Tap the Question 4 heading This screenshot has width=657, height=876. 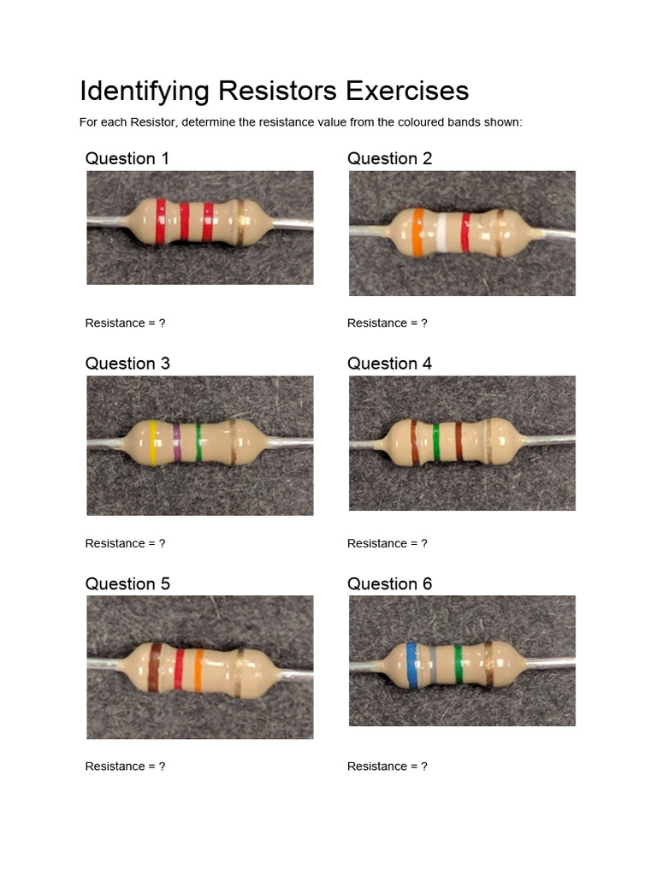[x=389, y=363]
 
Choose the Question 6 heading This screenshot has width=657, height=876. [x=389, y=583]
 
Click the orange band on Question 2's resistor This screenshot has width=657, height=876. [x=417, y=233]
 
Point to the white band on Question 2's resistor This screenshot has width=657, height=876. [x=442, y=233]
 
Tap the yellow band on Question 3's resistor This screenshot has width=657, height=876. [x=153, y=442]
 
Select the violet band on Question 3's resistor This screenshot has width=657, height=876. [x=177, y=442]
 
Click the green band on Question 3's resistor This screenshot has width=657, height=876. [x=198, y=442]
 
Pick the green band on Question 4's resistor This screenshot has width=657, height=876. [x=435, y=441]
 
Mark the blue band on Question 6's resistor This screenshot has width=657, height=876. [x=412, y=666]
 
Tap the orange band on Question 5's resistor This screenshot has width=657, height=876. [x=199, y=669]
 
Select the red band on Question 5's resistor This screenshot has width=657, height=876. [x=179, y=669]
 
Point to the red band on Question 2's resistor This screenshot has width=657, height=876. [x=465, y=233]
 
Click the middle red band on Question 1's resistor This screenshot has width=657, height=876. [x=185, y=222]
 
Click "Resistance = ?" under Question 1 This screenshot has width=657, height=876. [x=125, y=323]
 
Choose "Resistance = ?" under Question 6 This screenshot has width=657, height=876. [x=387, y=766]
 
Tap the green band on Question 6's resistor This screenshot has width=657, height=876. [x=459, y=665]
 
